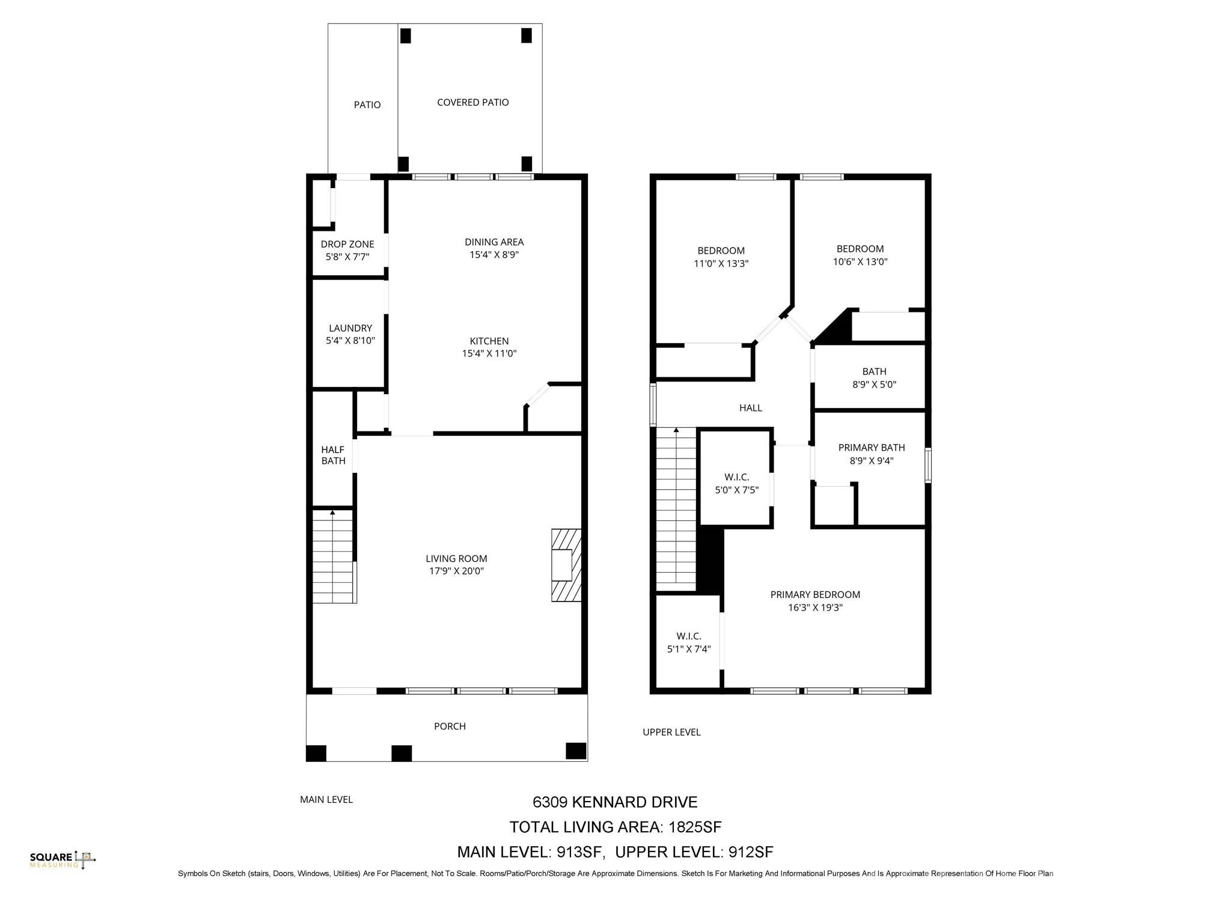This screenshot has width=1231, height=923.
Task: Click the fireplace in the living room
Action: click(566, 565)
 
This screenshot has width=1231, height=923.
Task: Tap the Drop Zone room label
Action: click(347, 244)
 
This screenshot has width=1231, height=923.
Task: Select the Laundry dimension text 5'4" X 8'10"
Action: click(350, 341)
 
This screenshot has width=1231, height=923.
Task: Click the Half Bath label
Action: click(333, 455)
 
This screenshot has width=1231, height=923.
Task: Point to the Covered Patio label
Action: click(472, 103)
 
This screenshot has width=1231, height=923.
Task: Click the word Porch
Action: click(450, 727)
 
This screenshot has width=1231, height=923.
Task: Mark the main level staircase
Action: click(333, 556)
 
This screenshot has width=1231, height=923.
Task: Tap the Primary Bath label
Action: click(871, 448)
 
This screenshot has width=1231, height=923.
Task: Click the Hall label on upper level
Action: click(750, 408)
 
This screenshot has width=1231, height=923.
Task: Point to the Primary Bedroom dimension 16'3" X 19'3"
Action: click(815, 608)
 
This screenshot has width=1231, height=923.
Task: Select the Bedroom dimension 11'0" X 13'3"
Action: click(721, 263)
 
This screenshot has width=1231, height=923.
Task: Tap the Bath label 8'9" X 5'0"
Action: click(874, 372)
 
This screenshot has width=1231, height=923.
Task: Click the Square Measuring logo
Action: click(63, 860)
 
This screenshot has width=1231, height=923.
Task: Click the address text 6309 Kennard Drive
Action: click(615, 802)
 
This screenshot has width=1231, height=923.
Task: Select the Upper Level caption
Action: click(671, 732)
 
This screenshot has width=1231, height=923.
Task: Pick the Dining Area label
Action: click(494, 242)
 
